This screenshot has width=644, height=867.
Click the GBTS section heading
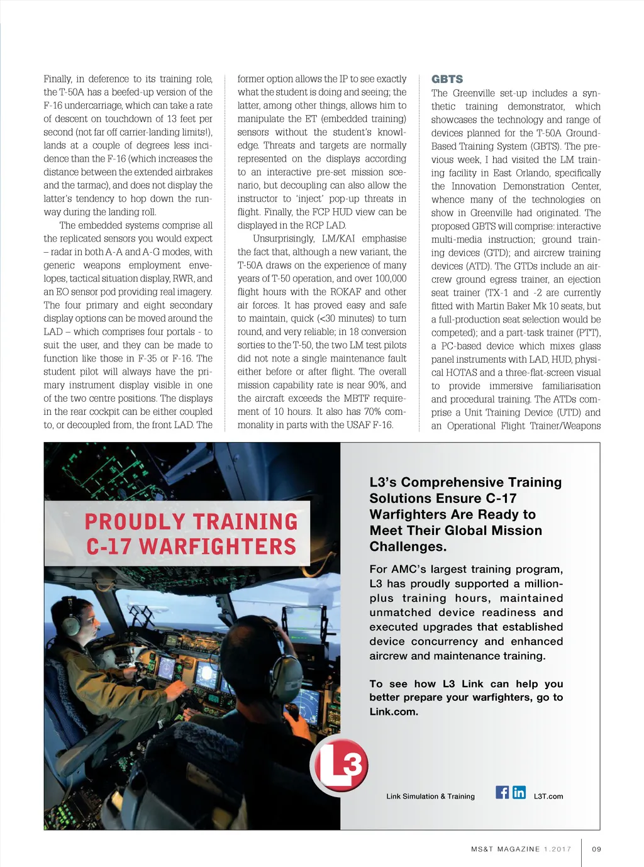tap(447, 79)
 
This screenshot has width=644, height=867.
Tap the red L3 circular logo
tap(340, 764)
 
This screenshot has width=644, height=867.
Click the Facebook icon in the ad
tap(502, 792)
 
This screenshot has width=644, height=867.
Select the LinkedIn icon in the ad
tap(519, 792)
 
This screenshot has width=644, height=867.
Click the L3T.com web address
tap(548, 797)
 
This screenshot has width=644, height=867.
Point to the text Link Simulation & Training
tap(430, 797)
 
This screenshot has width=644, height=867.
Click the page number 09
tap(597, 849)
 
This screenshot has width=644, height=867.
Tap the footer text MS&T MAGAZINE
tap(505, 849)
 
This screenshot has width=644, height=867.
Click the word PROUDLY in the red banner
tap(135, 522)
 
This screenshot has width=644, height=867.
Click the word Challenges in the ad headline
tap(408, 547)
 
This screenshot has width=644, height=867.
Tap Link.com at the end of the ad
tap(394, 712)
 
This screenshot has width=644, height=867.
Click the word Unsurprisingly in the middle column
tap(283, 239)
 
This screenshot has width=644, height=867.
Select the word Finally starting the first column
tap(57, 79)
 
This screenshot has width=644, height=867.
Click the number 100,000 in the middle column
tap(390, 279)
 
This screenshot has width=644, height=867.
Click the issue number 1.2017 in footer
tap(558, 849)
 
